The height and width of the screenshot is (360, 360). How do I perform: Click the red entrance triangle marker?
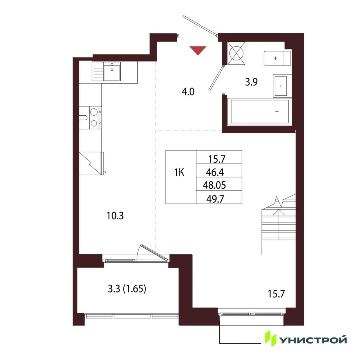pos(198,50)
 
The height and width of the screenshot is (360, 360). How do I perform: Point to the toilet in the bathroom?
pos(277,58)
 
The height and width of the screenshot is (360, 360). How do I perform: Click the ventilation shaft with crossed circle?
pos(236,53)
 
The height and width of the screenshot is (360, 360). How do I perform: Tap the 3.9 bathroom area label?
pos(251,82)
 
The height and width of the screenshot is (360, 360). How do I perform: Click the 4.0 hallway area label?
pos(188,92)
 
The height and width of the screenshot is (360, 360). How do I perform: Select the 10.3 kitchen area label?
pos(115,216)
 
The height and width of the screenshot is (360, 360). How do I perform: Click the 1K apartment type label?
pos(179,173)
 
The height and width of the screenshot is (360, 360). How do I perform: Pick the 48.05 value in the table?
pos(215,185)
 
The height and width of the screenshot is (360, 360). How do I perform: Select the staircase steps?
pos(279,224)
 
